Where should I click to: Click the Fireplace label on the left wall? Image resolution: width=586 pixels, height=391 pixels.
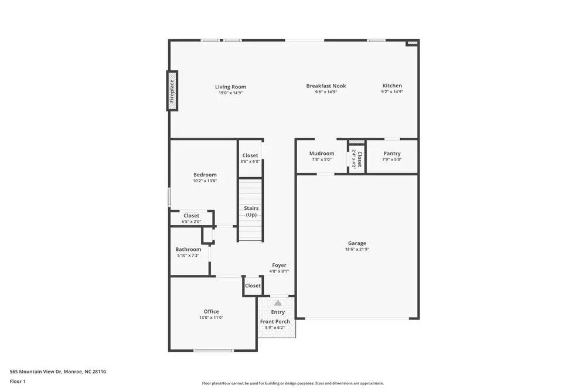(172, 91)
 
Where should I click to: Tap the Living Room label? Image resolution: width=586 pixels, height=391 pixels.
(230, 87)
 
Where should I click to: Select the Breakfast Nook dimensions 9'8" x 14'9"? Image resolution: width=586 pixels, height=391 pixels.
(326, 92)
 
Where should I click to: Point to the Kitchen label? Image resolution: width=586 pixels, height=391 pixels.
(392, 86)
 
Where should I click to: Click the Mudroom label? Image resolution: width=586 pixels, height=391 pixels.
(322, 154)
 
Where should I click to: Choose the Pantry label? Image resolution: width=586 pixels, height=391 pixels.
(391, 154)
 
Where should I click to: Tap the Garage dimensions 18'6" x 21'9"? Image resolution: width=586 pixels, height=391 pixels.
(357, 249)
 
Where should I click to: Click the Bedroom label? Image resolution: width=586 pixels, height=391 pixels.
(205, 175)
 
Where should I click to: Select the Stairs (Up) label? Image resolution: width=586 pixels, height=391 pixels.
(251, 212)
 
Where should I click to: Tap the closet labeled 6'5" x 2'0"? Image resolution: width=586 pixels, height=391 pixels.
(192, 219)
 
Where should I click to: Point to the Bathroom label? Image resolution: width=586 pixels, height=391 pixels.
(188, 249)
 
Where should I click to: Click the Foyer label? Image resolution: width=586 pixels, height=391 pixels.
(279, 266)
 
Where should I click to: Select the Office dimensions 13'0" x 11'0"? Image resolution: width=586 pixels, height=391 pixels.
(212, 317)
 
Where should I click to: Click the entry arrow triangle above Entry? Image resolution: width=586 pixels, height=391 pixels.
(278, 303)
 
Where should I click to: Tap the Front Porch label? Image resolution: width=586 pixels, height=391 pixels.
(275, 321)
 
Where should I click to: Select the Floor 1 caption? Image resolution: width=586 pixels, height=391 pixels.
(18, 381)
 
